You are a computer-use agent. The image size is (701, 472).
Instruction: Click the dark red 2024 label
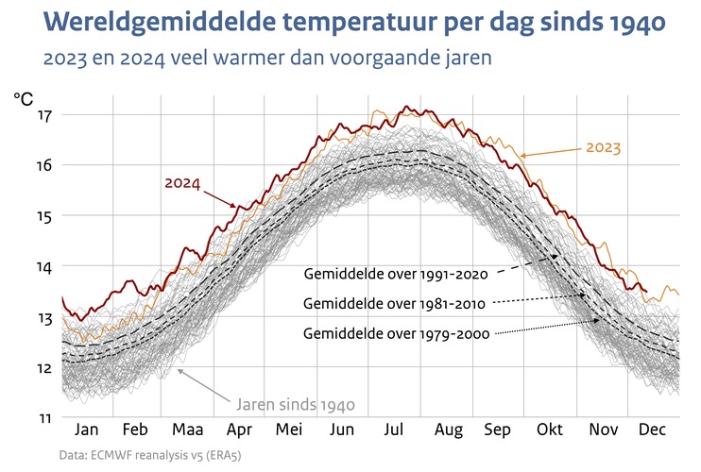[182, 182]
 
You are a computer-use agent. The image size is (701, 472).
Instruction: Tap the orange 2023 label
[604, 147]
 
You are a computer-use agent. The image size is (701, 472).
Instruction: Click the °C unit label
[24, 97]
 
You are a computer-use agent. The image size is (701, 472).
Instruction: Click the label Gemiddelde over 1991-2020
[395, 275]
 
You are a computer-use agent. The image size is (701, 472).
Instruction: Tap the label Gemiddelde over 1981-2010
[395, 304]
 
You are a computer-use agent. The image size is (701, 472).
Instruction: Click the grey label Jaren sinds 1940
[296, 405]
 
